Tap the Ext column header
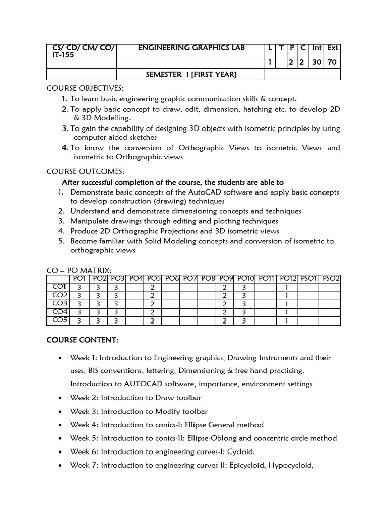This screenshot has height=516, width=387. pos(333,48)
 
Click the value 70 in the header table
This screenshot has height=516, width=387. pos(333,63)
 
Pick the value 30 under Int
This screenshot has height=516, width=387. pos(317,63)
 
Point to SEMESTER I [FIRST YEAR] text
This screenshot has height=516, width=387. pos(191,75)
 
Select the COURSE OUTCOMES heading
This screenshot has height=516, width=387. pos(81,172)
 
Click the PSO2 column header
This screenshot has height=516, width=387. pos(331,278)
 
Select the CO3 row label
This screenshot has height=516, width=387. pos(59,304)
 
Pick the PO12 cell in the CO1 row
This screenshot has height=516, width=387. pos(287,287)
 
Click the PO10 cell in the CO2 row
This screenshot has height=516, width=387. pos(244,295)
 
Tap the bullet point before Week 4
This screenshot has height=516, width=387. pos(60,425)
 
